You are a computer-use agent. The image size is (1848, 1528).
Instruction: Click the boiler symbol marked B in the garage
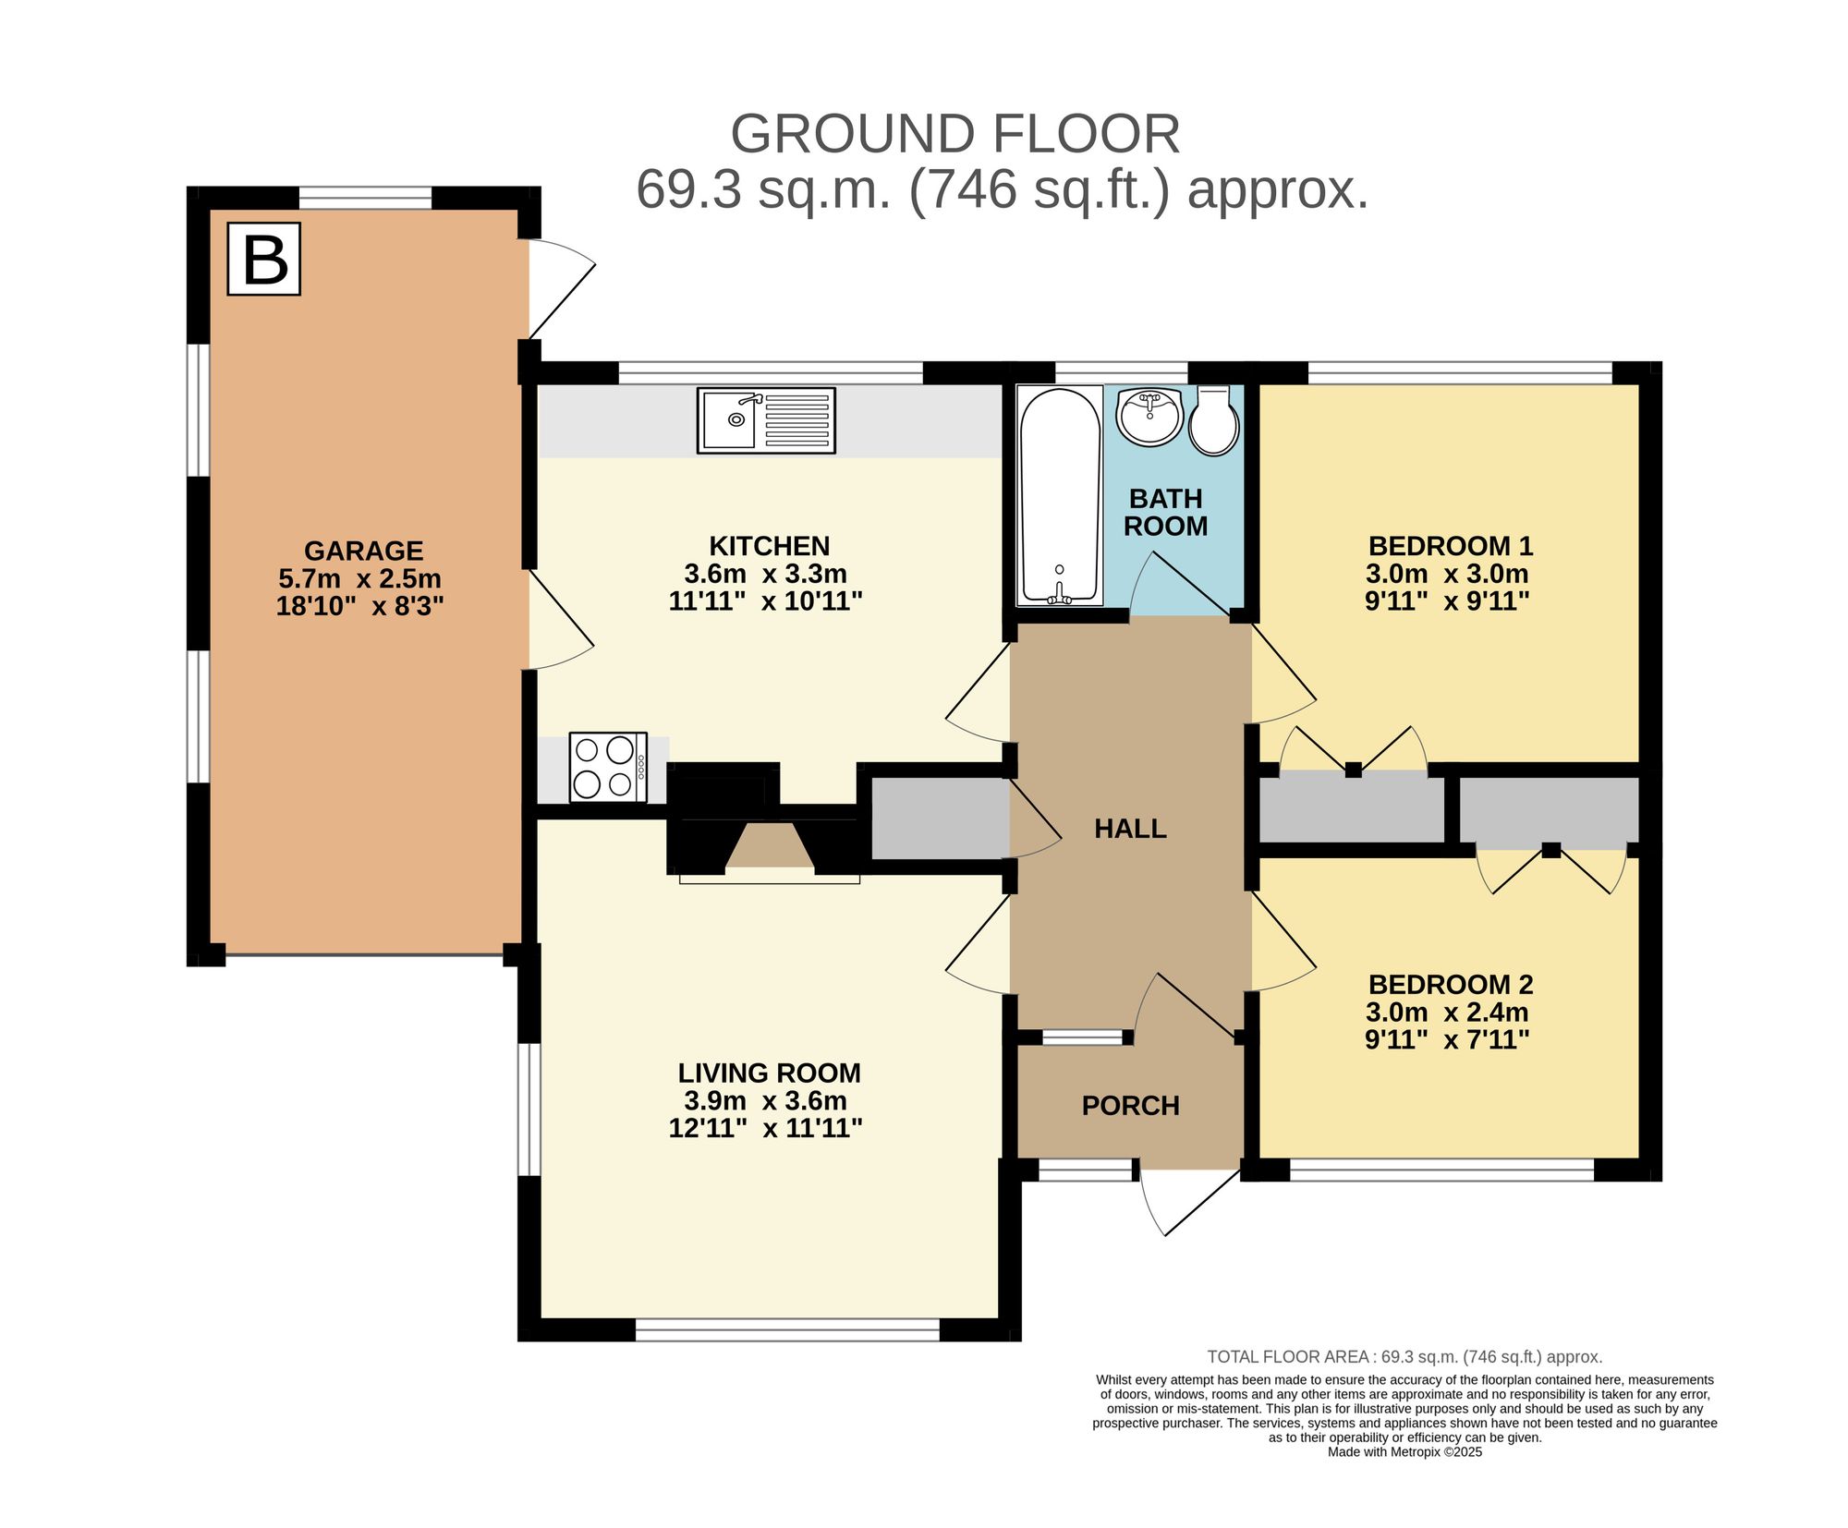[x=263, y=259]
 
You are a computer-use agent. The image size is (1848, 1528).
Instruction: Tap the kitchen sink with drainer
[x=765, y=420]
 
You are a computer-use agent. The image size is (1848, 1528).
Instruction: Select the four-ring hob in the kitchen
[x=607, y=766]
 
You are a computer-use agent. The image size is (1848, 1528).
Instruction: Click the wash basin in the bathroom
[x=1149, y=417]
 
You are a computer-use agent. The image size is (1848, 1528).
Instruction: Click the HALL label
[x=1129, y=829]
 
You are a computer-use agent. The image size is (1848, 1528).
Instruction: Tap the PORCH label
[x=1130, y=1106]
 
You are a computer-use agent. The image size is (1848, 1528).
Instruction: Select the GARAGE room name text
[x=363, y=551]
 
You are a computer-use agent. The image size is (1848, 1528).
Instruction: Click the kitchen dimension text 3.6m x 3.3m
[x=765, y=574]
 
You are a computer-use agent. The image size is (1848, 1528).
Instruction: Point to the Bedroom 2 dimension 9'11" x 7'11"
[x=1447, y=1040]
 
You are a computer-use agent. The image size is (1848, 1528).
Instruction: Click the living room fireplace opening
[x=769, y=846]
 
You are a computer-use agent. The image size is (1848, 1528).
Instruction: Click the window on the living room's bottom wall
[x=787, y=1329]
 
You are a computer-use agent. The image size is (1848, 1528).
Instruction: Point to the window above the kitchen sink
[x=770, y=372]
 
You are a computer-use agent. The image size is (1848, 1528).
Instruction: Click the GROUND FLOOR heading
[x=954, y=134]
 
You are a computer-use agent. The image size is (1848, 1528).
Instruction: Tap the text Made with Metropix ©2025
[x=1404, y=1451]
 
